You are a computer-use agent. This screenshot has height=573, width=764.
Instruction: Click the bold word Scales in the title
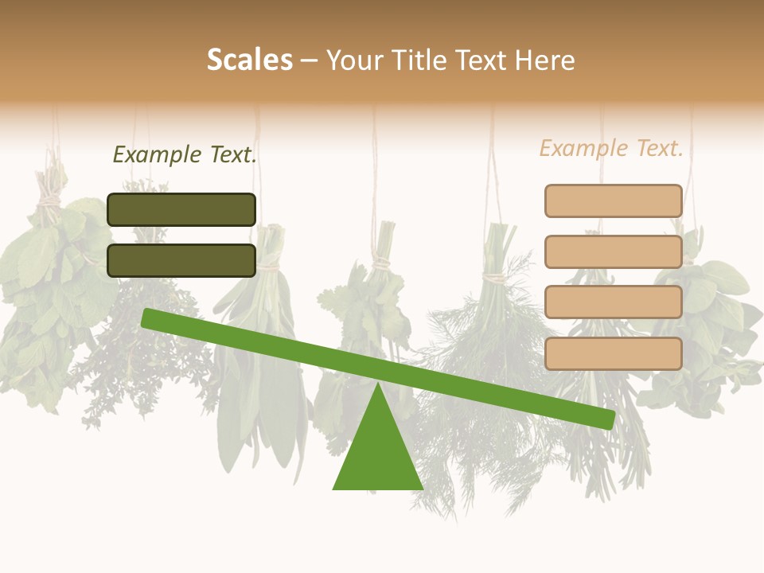pos(249,60)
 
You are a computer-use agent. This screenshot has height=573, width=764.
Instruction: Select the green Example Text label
pos(185,154)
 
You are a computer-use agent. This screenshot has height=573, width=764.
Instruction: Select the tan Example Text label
pos(611,148)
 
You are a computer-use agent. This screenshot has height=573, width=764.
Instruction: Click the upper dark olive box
pos(181,209)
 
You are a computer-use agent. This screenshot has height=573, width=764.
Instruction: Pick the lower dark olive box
pos(181,260)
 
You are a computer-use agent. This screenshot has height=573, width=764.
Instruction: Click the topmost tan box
pos(613,201)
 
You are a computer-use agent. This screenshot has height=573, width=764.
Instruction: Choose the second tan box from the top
pos(613,251)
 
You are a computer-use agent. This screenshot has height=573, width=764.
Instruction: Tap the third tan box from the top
pos(613,302)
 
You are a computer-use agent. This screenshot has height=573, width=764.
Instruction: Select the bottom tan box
pos(613,353)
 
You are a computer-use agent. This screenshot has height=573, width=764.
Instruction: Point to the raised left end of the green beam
pos(149,318)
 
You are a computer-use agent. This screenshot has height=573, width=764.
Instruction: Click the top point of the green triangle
pos(377,385)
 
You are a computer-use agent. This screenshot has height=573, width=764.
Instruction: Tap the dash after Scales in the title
pos(310,60)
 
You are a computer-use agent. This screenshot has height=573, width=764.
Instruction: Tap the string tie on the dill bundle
pos(497,278)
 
